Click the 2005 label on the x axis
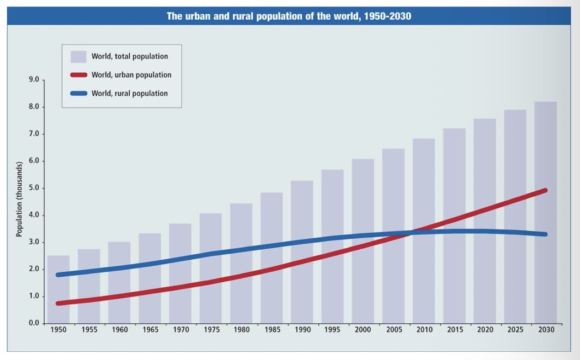393,330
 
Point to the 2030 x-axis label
546,330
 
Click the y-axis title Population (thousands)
19,199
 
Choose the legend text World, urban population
131,75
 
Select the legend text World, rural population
129,93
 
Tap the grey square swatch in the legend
78,57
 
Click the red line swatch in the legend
78,75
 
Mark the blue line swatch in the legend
78,93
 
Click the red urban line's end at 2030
545,190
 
